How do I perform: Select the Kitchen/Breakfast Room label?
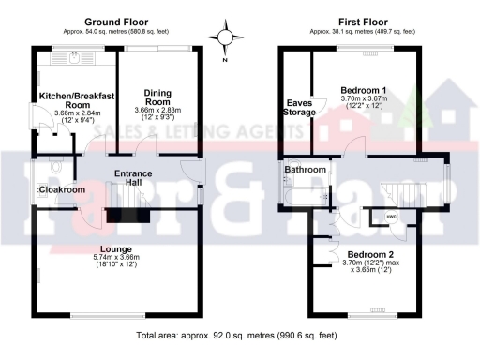pos(76,100)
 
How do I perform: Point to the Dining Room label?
pos(161,97)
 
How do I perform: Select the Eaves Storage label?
pos(299,108)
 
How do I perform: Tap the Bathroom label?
pos(306,170)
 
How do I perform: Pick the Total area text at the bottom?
pos(236,335)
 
